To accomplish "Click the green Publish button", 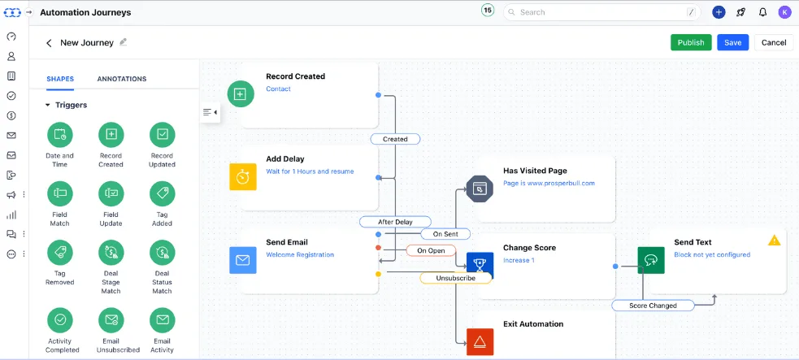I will [691, 42].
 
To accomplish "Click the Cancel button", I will [773, 42].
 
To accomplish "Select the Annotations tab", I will [122, 79].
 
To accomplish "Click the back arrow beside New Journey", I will [49, 43].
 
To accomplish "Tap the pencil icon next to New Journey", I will [124, 42].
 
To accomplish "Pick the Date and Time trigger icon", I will [59, 135].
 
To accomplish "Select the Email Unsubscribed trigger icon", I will [111, 319].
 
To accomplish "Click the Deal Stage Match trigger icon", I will [111, 252].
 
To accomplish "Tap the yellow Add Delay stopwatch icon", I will [242, 176].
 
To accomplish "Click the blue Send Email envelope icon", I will [242, 260].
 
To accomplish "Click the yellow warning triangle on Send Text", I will [774, 241].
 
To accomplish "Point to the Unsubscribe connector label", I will [455, 278].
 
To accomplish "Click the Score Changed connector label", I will [654, 306].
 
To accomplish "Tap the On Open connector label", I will [431, 250].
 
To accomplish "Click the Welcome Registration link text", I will [300, 255].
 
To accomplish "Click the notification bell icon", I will [762, 12].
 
